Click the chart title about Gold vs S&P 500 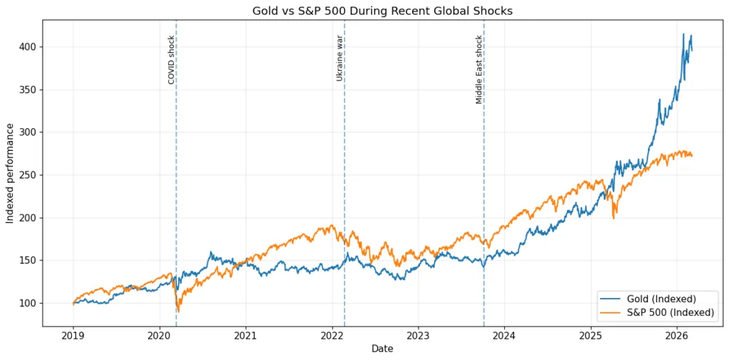382,11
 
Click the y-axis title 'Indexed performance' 10,173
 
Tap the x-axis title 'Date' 382,349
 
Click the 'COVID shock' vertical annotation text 172,60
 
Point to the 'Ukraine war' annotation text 340,58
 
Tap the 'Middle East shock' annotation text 479,70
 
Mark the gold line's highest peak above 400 683,33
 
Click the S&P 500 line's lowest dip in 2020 178,312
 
